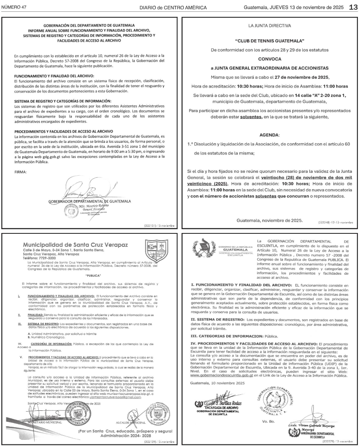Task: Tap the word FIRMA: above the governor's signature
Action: (20, 172)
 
